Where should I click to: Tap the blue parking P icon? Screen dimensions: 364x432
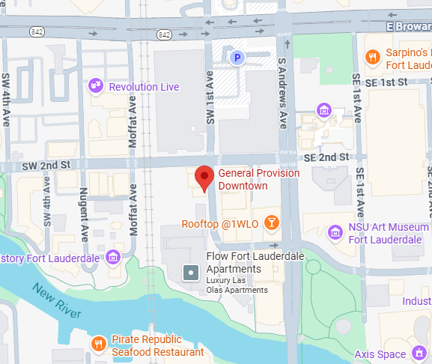click(x=237, y=58)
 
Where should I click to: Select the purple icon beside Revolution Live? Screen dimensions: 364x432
click(x=95, y=86)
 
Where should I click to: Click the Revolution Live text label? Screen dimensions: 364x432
click(x=144, y=87)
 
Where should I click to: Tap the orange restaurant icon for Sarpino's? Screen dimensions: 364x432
click(x=372, y=57)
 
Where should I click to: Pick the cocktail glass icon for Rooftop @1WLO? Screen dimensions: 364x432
click(x=273, y=223)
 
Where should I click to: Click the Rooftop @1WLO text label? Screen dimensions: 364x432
click(x=219, y=224)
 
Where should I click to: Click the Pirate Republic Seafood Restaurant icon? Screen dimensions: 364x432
click(x=98, y=344)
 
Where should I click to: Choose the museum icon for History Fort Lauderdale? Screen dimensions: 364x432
click(x=113, y=258)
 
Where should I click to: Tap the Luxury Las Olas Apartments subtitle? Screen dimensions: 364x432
click(x=237, y=285)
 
